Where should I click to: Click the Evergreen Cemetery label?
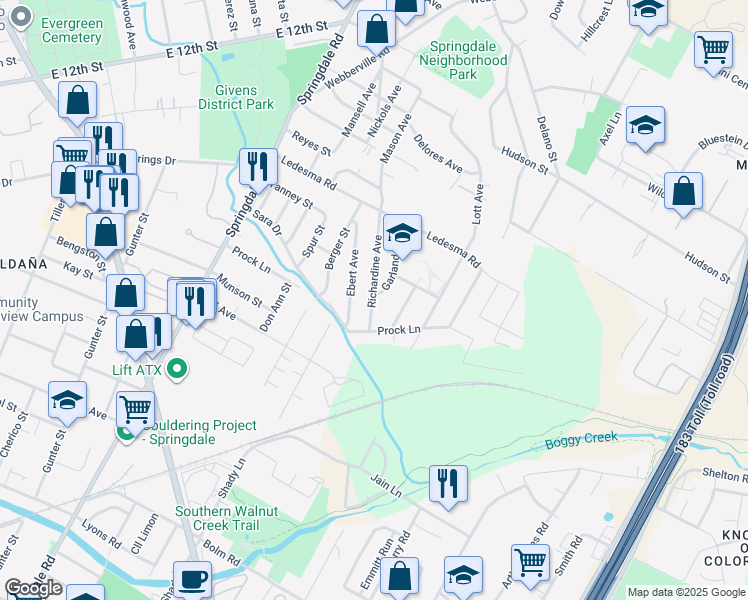[x=71, y=30]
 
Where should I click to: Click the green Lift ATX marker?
[x=178, y=369]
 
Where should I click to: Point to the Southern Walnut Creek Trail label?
[x=226, y=518]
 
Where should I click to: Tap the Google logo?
[x=33, y=588]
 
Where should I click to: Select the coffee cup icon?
[x=191, y=578]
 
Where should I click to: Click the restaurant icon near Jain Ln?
[x=449, y=483]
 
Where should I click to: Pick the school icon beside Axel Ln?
[x=645, y=126]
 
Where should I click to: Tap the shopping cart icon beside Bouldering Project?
[x=135, y=408]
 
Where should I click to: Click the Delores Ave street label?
[x=438, y=152]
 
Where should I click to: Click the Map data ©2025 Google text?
[x=686, y=592]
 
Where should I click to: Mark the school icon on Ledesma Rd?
[x=402, y=234]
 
